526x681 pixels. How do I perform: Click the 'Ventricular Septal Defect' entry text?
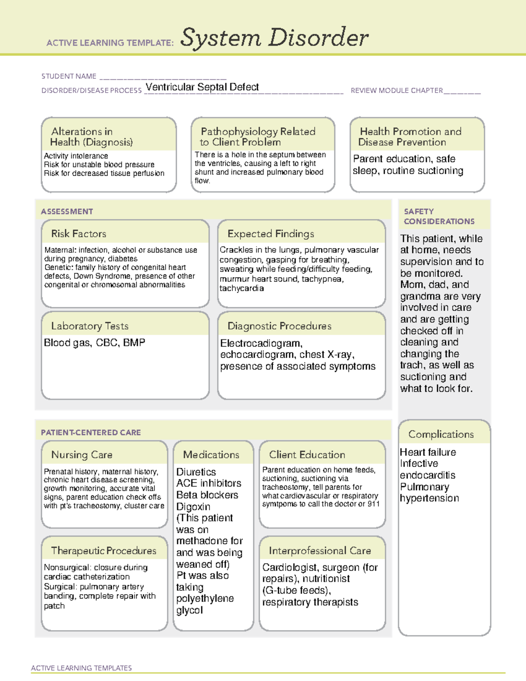coord(202,87)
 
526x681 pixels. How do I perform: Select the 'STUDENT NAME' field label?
coord(69,76)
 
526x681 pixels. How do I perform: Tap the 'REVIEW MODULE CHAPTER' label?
coord(397,91)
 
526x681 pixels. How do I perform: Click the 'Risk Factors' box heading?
coord(78,234)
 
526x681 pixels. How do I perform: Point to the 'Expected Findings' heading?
coord(270,234)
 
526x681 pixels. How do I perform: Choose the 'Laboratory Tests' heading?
coord(89,326)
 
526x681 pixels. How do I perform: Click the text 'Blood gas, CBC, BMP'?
coord(94,342)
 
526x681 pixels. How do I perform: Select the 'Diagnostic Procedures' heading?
coord(279,326)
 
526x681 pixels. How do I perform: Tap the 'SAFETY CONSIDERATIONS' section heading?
coord(439,217)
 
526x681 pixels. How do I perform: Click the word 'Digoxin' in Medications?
coord(193,506)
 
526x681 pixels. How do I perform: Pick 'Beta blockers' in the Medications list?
coord(207,495)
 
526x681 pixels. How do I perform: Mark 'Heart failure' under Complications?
coord(428,452)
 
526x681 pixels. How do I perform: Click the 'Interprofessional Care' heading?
coord(320,550)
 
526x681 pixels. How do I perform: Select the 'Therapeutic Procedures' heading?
coord(103,550)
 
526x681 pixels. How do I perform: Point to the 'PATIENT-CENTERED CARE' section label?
coord(91,432)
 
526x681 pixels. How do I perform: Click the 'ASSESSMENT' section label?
coord(67,211)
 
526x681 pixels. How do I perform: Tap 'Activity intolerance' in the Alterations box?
coord(76,156)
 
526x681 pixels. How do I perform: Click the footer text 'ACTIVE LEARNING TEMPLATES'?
coord(81,668)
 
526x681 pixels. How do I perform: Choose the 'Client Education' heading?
coord(307,455)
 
